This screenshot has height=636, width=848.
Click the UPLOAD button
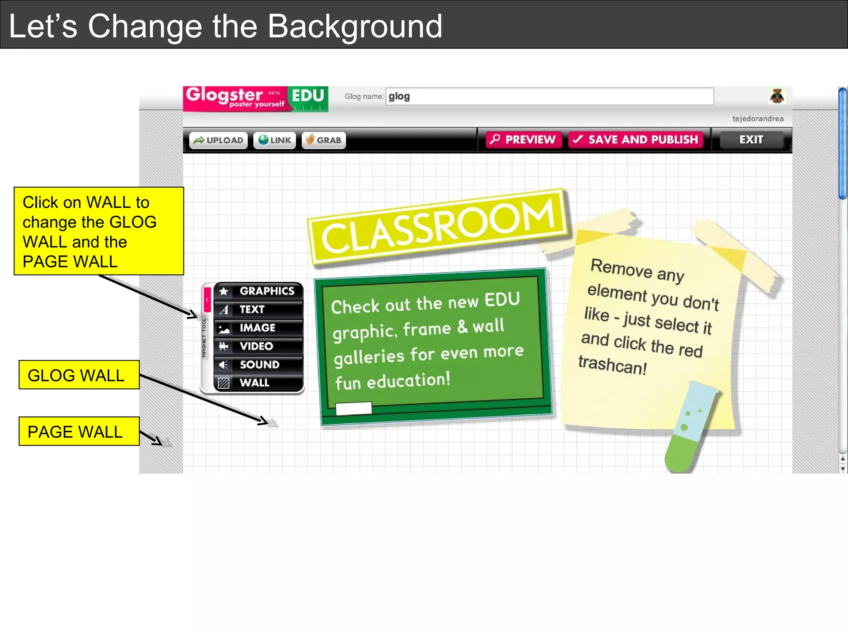tap(219, 140)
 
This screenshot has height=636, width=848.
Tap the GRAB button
tap(324, 140)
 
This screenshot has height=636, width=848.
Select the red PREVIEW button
tap(523, 140)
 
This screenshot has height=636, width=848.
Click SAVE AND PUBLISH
tap(636, 140)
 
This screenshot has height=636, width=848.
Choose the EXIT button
tap(751, 140)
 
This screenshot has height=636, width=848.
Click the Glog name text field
tap(549, 96)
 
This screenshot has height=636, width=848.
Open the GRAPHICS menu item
tap(259, 291)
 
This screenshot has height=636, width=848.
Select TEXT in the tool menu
tap(259, 309)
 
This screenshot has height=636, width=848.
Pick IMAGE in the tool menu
tap(259, 328)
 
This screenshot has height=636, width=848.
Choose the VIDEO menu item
tap(259, 346)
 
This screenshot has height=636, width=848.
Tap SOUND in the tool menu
tap(259, 364)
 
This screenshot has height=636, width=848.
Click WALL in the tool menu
tap(259, 383)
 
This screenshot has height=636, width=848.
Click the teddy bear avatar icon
tap(777, 96)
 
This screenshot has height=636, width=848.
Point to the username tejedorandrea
tap(758, 119)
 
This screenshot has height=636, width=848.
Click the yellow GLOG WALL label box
tap(79, 375)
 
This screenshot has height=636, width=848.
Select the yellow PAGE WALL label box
tap(79, 431)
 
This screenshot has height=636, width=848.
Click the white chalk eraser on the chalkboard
tap(353, 408)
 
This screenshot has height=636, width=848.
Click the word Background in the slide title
tap(355, 26)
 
